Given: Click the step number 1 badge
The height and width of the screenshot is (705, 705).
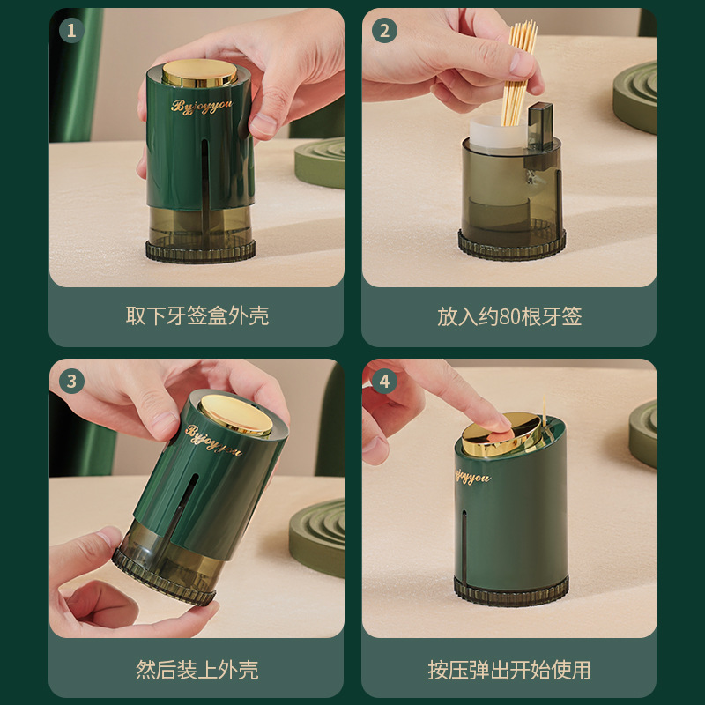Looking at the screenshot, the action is tap(71, 31).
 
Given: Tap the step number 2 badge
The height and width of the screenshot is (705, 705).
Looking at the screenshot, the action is tap(384, 31).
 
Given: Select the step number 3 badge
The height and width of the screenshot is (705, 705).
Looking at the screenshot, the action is tap(71, 382).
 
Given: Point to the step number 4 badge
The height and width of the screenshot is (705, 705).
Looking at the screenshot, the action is tap(384, 382).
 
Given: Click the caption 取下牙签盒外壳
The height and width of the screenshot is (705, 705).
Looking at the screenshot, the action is tap(197, 315).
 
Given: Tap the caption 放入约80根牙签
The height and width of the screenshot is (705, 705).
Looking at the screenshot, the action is tap(509, 316).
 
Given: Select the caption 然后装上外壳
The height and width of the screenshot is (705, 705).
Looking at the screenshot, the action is tap(197, 670).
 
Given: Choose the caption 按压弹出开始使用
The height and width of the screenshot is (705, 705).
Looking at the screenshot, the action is tap(509, 670).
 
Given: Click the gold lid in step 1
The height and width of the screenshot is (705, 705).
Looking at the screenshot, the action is tap(199, 73).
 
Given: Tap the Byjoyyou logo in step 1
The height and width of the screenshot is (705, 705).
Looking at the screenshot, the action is tap(202, 106).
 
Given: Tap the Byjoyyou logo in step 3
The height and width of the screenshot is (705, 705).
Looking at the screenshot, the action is tap(214, 440).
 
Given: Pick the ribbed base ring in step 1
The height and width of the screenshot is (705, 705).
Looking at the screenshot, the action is tap(201, 251).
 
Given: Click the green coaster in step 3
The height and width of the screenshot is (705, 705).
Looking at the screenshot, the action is tap(316, 537).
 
